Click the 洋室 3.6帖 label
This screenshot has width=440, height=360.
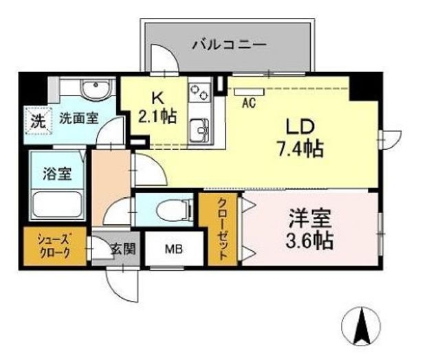point(311,230)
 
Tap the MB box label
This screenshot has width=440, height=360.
point(173,249)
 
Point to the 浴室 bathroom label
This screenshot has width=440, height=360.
point(57,174)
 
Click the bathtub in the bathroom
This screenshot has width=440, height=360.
point(58,205)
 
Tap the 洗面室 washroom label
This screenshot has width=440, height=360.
point(78,117)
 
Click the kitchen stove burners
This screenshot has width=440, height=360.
point(200,92)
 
